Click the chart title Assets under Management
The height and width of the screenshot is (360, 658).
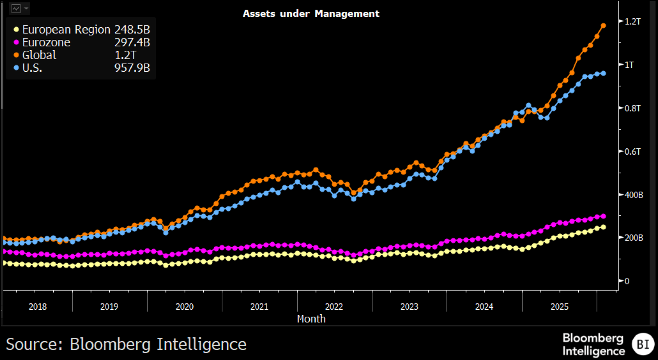311,13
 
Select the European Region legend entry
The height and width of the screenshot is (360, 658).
66,29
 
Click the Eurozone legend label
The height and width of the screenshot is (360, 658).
46,42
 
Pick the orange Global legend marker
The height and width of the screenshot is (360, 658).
16,55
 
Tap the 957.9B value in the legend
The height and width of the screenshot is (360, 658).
132,68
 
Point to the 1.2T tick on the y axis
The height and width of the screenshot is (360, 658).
632,21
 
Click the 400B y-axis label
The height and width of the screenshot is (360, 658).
633,195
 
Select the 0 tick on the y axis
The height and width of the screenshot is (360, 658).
627,281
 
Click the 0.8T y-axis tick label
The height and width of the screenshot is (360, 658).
632,108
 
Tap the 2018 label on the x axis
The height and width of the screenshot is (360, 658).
38,306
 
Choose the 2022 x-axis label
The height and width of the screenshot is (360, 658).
334,306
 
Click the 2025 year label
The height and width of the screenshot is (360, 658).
559,306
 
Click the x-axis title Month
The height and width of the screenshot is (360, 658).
311,319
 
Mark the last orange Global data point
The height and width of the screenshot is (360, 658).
604,26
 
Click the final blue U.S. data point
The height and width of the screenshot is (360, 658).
604,73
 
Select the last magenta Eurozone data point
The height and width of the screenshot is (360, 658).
604,216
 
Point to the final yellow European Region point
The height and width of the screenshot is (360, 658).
604,227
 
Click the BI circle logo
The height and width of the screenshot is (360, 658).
643,344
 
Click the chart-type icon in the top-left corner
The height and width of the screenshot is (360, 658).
16,8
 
